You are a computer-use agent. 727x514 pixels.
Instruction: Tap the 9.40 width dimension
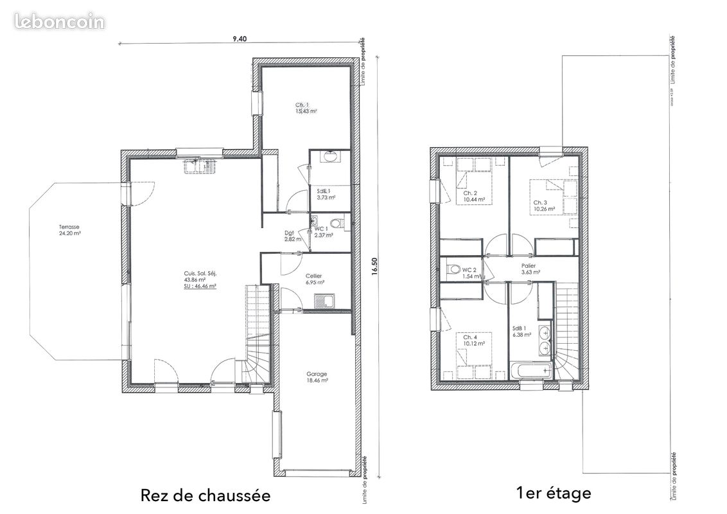(x=240, y=39)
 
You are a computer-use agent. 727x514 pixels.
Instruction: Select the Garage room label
(x=317, y=374)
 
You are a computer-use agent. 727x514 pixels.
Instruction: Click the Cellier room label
(x=314, y=276)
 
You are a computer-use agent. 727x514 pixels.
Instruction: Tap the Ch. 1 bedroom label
(x=302, y=105)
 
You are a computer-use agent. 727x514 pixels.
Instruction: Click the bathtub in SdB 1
(x=531, y=369)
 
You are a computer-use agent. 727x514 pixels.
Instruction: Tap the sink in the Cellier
(x=323, y=300)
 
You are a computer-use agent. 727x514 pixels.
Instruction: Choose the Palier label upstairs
(x=529, y=265)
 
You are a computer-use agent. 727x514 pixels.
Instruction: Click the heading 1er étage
(x=553, y=493)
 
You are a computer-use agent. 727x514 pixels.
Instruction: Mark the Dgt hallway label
(x=288, y=233)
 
